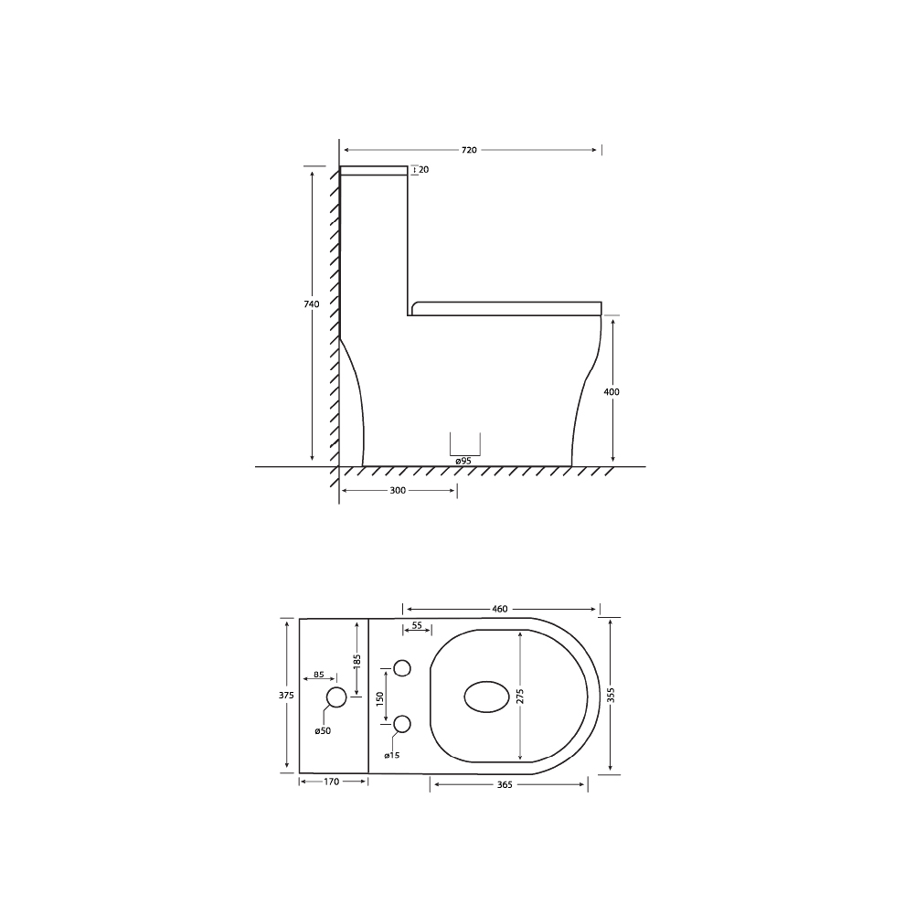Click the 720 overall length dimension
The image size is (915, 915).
tap(469, 150)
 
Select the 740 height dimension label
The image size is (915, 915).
tap(311, 303)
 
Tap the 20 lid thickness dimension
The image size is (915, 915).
tap(423, 170)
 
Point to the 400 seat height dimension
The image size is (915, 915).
tap(612, 392)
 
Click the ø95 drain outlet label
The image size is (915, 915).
tap(463, 462)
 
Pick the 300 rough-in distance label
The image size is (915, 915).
tap(398, 491)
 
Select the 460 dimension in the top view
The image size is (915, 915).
tap(499, 609)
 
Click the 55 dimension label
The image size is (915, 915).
tap(417, 626)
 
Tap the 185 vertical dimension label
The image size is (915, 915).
tap(357, 659)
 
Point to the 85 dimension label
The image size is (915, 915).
tap(319, 675)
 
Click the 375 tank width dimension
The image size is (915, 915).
tap(285, 696)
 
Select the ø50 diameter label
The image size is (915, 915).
tap(322, 730)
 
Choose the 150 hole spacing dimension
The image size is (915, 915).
tap(379, 697)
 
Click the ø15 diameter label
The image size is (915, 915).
tap(391, 755)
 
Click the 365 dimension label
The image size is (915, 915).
tap(505, 784)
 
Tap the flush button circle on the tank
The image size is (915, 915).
tap(336, 698)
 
